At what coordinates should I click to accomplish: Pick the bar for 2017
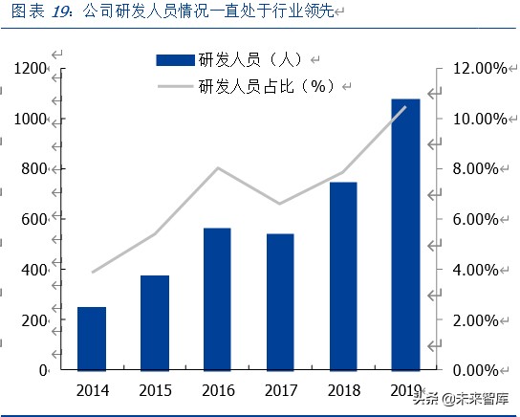279,301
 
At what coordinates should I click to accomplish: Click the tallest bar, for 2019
405,233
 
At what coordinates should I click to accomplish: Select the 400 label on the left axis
34,270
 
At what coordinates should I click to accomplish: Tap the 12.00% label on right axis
471,69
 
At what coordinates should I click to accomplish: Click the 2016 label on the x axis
217,389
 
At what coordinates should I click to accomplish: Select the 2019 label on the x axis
405,389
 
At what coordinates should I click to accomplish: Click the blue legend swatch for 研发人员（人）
175,60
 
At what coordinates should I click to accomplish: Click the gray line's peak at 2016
218,168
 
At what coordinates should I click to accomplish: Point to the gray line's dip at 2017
279,204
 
